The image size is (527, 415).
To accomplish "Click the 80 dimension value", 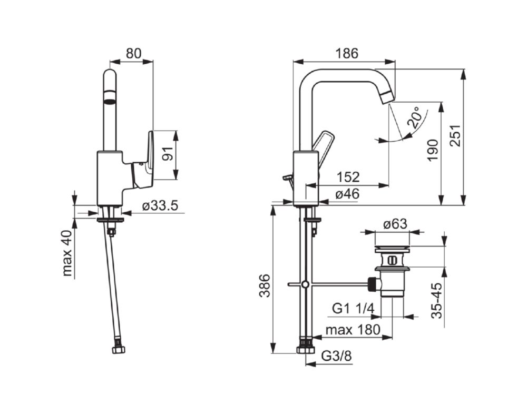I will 134,53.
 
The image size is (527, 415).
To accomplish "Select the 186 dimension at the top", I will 346,53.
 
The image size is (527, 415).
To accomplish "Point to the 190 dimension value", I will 432,151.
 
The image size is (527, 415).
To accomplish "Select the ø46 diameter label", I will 347,194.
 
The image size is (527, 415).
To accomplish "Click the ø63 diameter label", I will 395,224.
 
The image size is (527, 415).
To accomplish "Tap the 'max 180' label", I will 352,330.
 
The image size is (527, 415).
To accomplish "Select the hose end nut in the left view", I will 119,349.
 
